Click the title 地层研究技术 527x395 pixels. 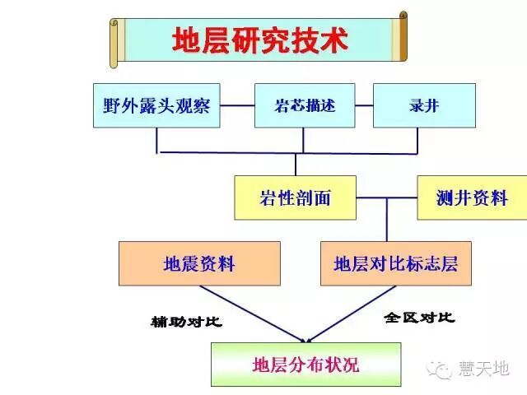click(x=259, y=40)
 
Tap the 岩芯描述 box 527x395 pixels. click(x=304, y=105)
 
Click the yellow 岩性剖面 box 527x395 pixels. click(x=295, y=197)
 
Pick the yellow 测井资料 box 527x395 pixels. click(x=471, y=197)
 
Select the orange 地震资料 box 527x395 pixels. click(x=199, y=263)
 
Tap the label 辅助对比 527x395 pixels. click(x=187, y=321)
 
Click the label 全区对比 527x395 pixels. click(x=419, y=317)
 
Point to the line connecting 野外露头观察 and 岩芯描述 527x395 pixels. click(x=237, y=105)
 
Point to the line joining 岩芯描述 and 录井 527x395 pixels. click(x=363, y=105)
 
